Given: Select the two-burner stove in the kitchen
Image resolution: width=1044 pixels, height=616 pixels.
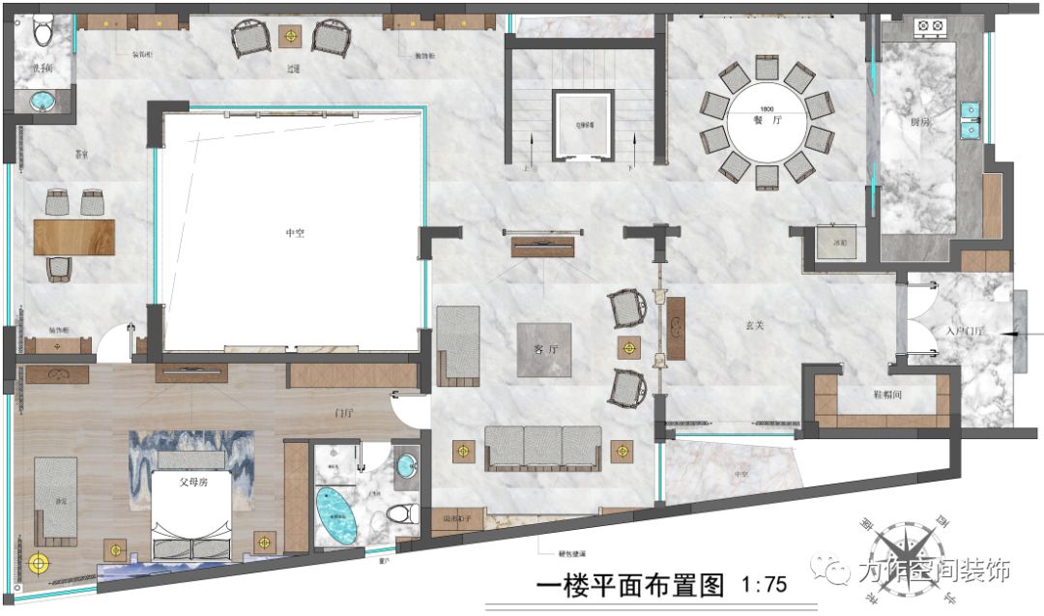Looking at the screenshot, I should coord(930,27).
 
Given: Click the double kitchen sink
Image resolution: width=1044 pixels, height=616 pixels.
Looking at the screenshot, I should coord(970,120).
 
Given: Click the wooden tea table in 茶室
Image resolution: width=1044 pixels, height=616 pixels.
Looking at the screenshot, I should coord(74,237).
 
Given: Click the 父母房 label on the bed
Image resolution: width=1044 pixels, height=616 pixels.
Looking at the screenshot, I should coord(191,480).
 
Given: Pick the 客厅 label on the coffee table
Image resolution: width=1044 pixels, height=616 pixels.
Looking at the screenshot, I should coord(543,348).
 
